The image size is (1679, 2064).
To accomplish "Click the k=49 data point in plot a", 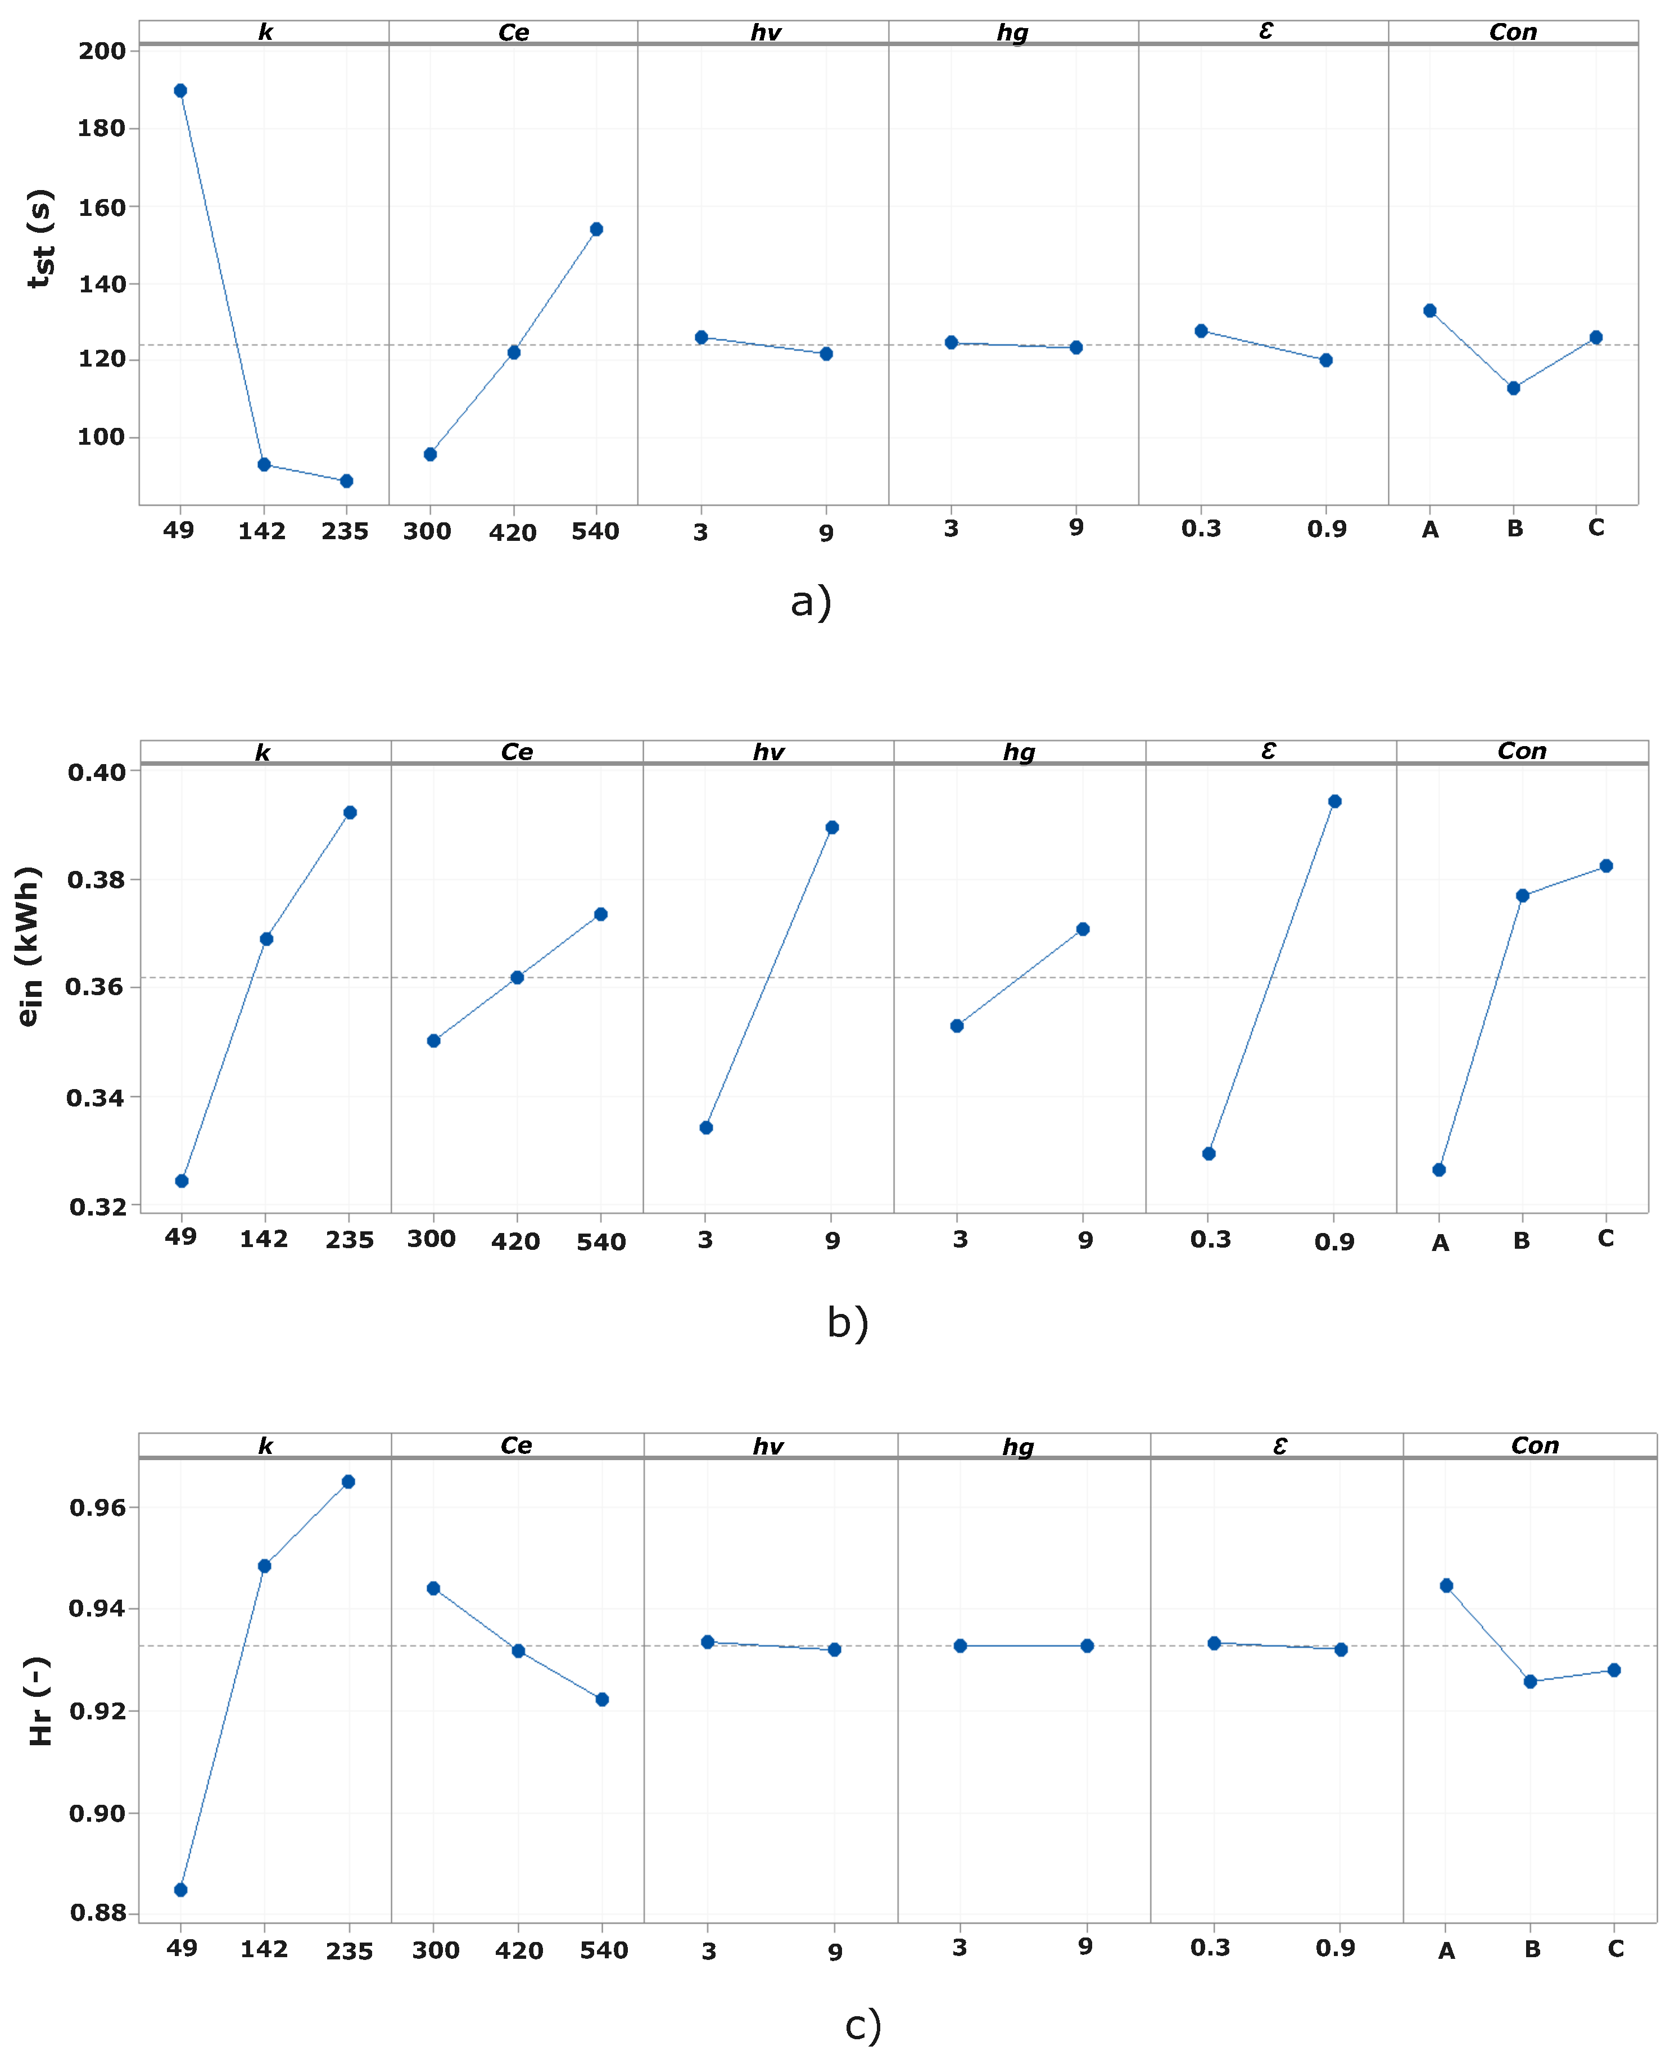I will point(180,91).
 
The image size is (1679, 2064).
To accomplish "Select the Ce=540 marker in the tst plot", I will point(597,229).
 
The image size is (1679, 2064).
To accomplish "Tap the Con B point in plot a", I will point(1514,388).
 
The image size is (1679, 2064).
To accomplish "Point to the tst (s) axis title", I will point(40,239).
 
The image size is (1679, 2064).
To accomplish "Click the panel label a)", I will point(811,602).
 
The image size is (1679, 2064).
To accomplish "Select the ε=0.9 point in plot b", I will point(1334,801).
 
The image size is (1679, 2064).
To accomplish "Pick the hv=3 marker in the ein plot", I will point(706,1128).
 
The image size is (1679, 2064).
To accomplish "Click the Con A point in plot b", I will point(1439,1169).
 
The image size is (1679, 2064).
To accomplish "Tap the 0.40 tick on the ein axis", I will point(97,773).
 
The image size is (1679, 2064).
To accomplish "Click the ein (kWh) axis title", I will point(29,946).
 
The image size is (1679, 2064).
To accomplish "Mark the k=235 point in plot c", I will point(348,1482).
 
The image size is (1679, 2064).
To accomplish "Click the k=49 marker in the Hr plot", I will point(181,1890).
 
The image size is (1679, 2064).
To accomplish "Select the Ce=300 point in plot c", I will point(433,1588).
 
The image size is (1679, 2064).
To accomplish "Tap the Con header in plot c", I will point(1535,1446).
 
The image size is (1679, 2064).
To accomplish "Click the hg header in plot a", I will point(1012,33).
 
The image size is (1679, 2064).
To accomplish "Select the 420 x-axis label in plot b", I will point(515,1242).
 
